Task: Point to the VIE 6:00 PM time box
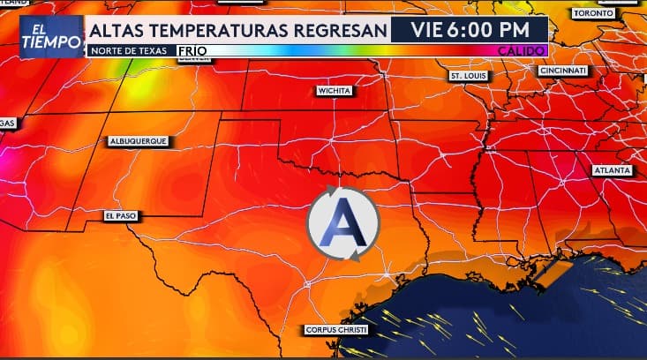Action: click(x=469, y=30)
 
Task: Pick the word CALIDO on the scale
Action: click(x=522, y=51)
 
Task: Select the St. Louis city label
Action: click(x=469, y=77)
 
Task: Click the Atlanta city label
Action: click(x=613, y=169)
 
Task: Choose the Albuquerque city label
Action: click(x=138, y=141)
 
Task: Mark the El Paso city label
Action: click(x=120, y=215)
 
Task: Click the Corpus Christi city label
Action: click(x=335, y=330)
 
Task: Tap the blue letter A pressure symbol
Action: click(x=342, y=225)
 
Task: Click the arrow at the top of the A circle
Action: click(x=332, y=191)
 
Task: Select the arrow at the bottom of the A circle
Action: click(x=354, y=256)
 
